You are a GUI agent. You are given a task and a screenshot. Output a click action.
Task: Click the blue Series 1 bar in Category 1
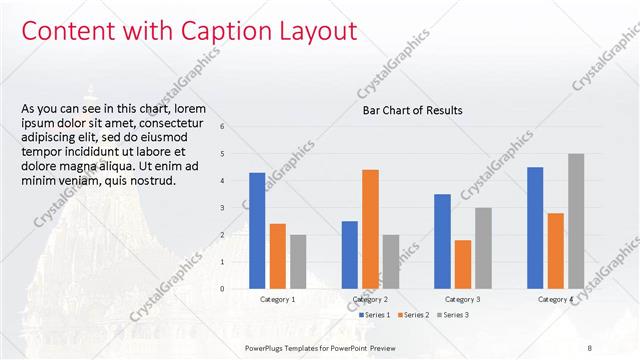[x=257, y=231]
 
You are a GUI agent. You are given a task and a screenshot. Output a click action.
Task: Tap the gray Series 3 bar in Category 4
[x=576, y=221]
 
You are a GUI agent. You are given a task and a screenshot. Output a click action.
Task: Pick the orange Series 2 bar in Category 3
[x=462, y=264]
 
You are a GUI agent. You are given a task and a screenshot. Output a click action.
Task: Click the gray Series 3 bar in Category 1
[x=298, y=262]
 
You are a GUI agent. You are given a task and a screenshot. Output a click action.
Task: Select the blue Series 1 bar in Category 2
[x=349, y=255]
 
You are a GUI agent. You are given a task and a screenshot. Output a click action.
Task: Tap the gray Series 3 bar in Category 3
[x=483, y=248]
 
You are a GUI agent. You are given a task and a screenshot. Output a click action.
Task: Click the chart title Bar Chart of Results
[x=412, y=110]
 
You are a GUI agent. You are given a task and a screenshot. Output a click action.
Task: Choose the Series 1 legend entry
[x=374, y=315]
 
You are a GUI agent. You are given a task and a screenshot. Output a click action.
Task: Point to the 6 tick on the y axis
[x=236, y=126]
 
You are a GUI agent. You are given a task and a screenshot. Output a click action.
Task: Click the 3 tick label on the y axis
[x=236, y=208]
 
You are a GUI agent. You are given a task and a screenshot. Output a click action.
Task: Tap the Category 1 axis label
[x=277, y=299]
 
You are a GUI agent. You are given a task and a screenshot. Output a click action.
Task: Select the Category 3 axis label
[x=462, y=299]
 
